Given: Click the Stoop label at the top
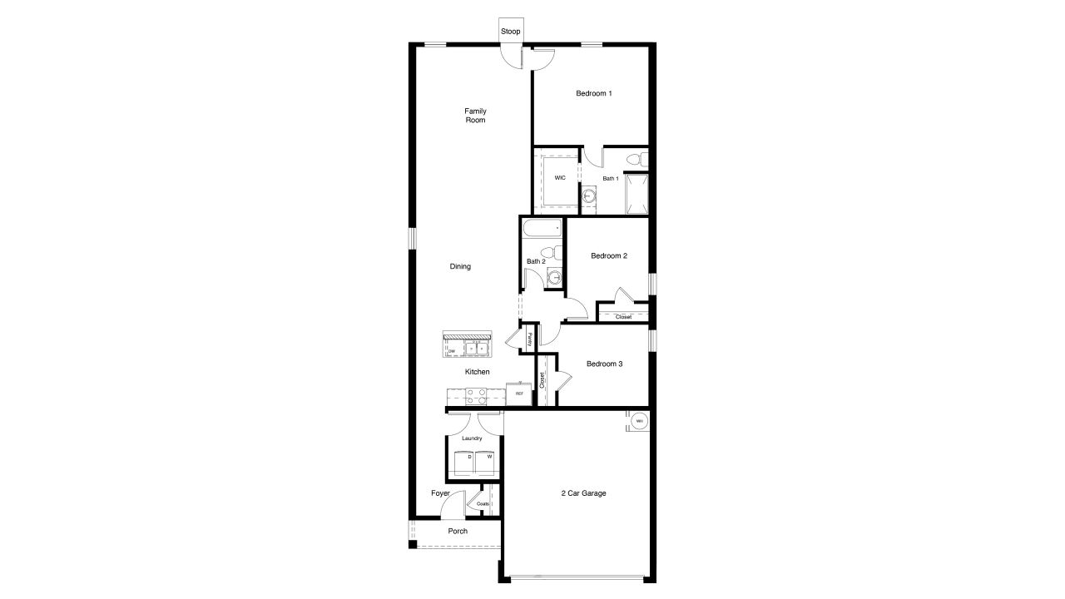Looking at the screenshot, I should click(511, 32).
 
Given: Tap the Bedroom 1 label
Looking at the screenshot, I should click(594, 93).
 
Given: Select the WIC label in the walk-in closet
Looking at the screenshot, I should click(560, 178).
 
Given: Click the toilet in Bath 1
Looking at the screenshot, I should click(635, 158).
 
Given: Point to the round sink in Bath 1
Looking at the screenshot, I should click(590, 196).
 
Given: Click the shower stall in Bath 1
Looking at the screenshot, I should click(637, 193).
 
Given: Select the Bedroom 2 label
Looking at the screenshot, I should click(608, 256).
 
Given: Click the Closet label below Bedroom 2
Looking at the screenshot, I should click(623, 317).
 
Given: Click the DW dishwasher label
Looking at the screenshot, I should click(452, 351).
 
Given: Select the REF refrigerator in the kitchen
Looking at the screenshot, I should click(519, 394).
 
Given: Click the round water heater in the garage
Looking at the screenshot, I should click(640, 422).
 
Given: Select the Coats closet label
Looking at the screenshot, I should click(483, 503).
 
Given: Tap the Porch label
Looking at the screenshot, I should click(458, 531).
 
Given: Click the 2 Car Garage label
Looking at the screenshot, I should click(582, 493).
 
